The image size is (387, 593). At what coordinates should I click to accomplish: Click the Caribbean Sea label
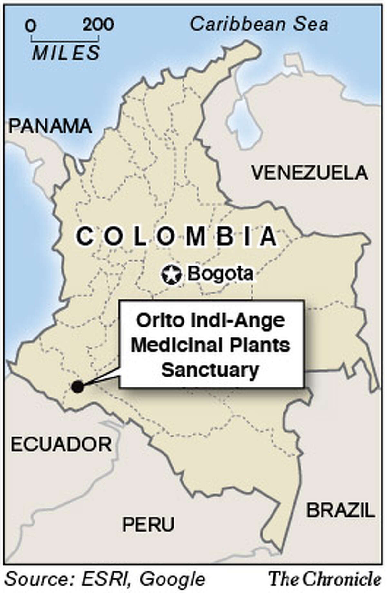point(259,25)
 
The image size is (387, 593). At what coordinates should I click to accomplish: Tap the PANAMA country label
point(50,126)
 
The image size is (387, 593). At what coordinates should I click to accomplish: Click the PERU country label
point(148,524)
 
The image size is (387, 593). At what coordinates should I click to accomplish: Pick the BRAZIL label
point(341,510)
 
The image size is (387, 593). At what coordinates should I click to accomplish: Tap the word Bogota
point(221,274)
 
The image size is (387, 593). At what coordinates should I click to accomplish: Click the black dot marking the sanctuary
point(77,386)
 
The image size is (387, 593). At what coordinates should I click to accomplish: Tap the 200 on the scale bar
point(98,25)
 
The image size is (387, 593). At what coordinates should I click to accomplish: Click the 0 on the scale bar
point(31,26)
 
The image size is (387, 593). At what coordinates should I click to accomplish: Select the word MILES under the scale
point(66,53)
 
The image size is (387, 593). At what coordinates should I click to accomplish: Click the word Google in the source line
point(172,579)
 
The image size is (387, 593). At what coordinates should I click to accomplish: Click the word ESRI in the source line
point(105,579)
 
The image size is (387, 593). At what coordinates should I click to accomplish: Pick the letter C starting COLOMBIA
point(84,236)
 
